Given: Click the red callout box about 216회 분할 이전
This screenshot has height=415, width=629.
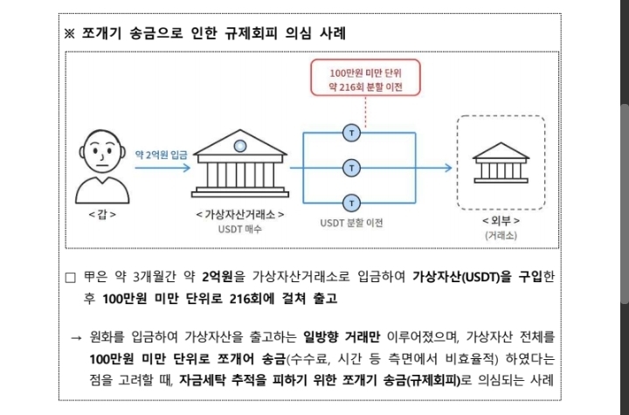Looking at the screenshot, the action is tap(365, 78).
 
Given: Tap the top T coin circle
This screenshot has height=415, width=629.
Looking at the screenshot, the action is tap(352, 133).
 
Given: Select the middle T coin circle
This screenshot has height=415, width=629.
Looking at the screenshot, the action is tap(352, 168).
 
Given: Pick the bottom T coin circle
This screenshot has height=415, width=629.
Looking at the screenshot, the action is tap(352, 203).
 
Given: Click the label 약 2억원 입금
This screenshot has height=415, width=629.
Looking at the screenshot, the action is tap(161, 155).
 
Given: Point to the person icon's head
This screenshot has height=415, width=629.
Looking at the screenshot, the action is tap(102, 150).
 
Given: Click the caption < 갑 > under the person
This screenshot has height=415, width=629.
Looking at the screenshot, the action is tap(102, 215).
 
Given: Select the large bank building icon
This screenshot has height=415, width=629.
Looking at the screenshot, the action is tap(240, 163).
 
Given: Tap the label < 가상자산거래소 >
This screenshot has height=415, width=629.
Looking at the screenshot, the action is tap(240, 215).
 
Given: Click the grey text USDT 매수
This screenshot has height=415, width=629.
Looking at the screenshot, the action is tap(240, 229).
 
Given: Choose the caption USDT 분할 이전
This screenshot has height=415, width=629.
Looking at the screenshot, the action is tap(351, 223).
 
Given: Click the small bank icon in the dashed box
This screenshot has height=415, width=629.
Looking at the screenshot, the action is tap(501, 163).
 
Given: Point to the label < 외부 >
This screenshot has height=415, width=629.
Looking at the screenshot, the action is tap(501, 221).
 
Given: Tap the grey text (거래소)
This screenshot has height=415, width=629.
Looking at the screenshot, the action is tap(501, 235).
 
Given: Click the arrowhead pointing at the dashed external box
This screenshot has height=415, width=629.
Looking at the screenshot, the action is tap(448, 168).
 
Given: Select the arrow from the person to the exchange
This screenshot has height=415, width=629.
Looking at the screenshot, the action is tap(162, 168).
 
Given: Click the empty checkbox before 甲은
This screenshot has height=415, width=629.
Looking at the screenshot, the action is tap(70, 277).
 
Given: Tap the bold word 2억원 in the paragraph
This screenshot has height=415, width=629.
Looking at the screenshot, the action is tap(218, 277).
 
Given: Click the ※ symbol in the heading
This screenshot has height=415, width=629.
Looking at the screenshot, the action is tap(69, 33).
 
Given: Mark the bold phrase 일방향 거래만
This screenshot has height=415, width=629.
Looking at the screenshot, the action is tap(341, 336).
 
